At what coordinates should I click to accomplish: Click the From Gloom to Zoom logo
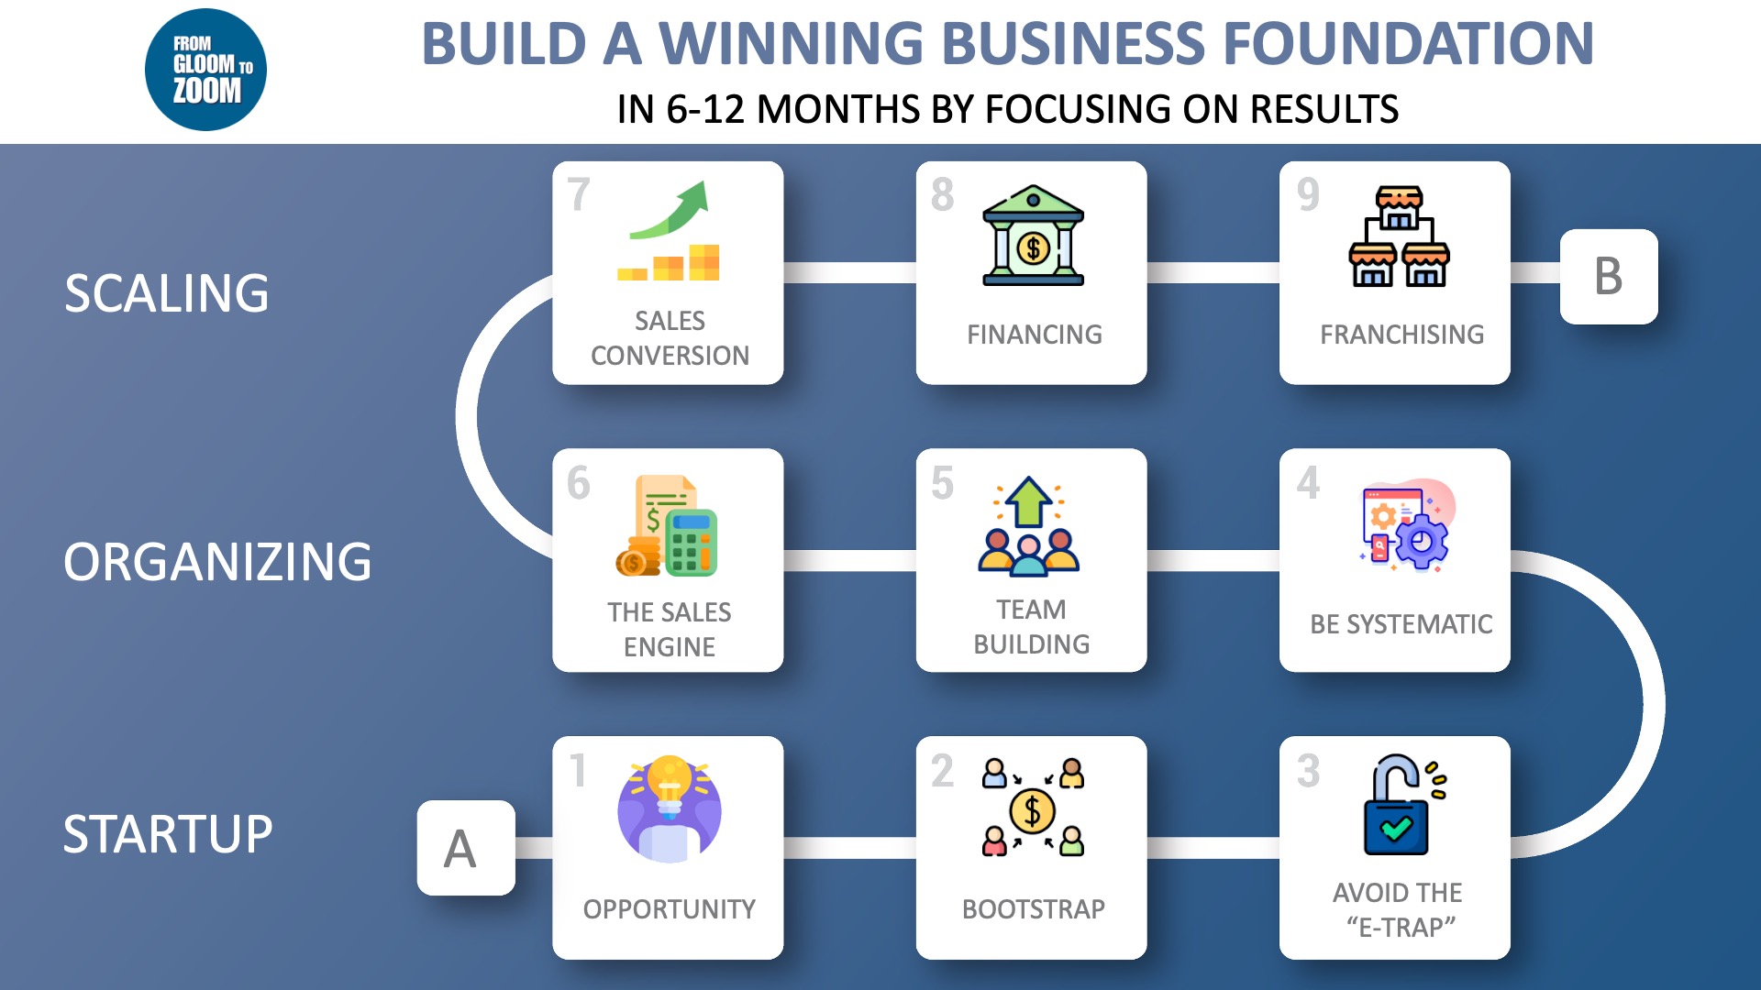point(205,70)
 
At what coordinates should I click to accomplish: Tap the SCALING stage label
point(166,293)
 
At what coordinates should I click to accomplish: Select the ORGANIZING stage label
point(217,562)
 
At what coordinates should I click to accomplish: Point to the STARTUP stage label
point(168,834)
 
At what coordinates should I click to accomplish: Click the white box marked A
point(466,848)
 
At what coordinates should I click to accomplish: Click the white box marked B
point(1609,276)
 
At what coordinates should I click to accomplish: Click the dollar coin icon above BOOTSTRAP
point(1033,810)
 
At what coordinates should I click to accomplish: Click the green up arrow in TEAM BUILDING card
point(1028,501)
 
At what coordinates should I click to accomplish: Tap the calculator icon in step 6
point(690,542)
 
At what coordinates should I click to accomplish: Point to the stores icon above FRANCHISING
point(1399,236)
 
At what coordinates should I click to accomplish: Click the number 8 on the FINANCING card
point(943,194)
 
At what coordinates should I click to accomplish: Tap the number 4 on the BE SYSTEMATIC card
point(1308,483)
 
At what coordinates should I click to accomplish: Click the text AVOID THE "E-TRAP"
point(1399,909)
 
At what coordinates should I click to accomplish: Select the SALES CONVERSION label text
point(670,337)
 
